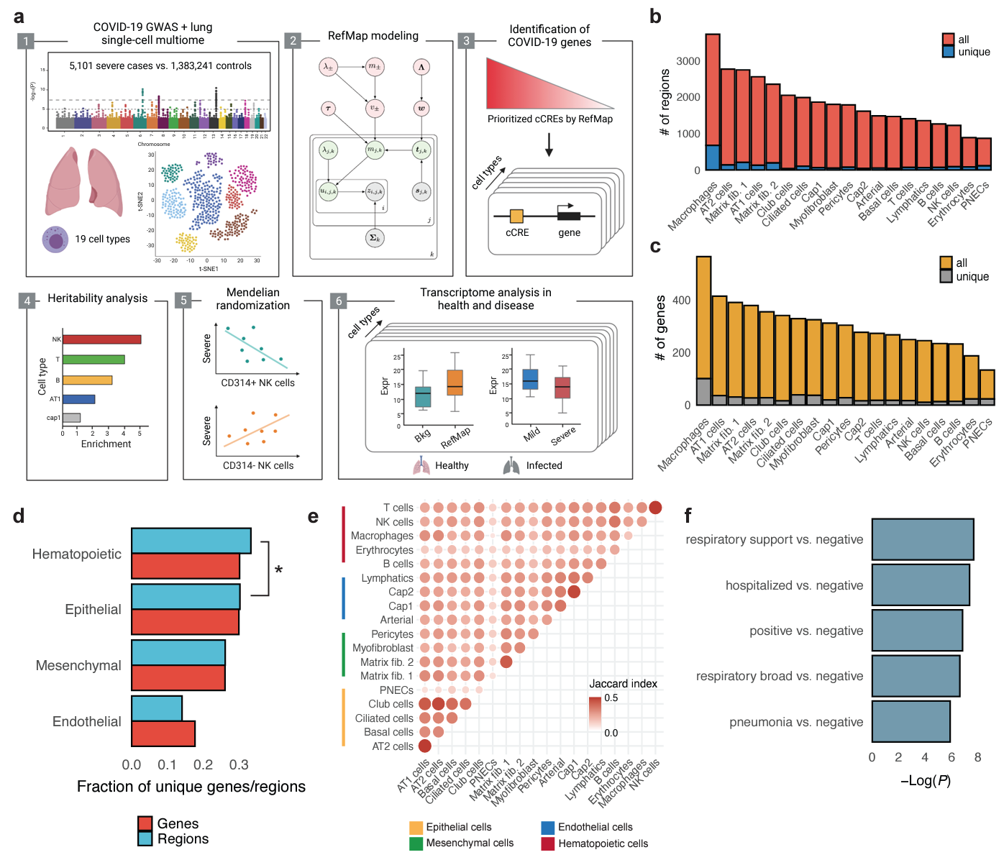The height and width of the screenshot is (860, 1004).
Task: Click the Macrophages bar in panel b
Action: tap(713, 101)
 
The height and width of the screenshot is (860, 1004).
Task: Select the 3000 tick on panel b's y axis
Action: tap(688, 61)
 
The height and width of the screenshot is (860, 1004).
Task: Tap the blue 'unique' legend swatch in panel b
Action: tap(949, 52)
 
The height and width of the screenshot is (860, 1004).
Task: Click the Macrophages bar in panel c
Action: tap(703, 331)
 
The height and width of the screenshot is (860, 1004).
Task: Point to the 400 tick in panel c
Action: tap(681, 301)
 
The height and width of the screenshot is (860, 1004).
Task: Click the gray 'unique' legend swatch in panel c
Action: tap(946, 277)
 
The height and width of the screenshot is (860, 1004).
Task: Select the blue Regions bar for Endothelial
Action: tap(157, 708)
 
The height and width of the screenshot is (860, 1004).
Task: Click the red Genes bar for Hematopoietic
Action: tap(186, 567)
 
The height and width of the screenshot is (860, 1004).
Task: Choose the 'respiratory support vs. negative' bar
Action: tap(923, 539)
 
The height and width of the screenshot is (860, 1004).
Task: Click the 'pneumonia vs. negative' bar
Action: tap(911, 722)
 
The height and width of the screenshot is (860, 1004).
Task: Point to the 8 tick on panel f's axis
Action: tap(977, 757)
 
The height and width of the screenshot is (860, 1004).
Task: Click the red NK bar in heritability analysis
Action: tap(102, 339)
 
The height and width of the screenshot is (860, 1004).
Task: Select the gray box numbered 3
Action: tap(466, 41)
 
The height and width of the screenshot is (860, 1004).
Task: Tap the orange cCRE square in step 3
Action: tap(516, 216)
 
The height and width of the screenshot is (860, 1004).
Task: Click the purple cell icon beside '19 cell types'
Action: tap(55, 239)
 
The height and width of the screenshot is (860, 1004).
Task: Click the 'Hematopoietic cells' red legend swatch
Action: tap(548, 843)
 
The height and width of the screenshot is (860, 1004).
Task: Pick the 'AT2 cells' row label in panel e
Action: tap(392, 746)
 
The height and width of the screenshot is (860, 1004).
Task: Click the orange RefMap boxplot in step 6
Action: tap(455, 383)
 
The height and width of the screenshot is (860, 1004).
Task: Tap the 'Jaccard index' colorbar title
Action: tap(623, 684)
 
